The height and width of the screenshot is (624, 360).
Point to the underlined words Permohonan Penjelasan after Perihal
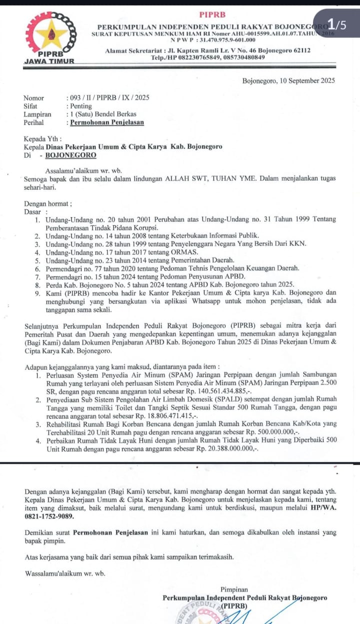[107, 122]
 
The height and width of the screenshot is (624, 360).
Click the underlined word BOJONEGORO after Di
[70, 155]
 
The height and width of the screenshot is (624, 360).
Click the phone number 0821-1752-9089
[49, 517]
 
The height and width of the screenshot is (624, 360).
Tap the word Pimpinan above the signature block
[234, 590]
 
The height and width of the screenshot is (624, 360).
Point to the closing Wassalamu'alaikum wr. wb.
[65, 573]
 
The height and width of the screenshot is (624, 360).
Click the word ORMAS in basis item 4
[173, 252]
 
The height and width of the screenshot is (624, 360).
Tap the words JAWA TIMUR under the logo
[49, 61]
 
